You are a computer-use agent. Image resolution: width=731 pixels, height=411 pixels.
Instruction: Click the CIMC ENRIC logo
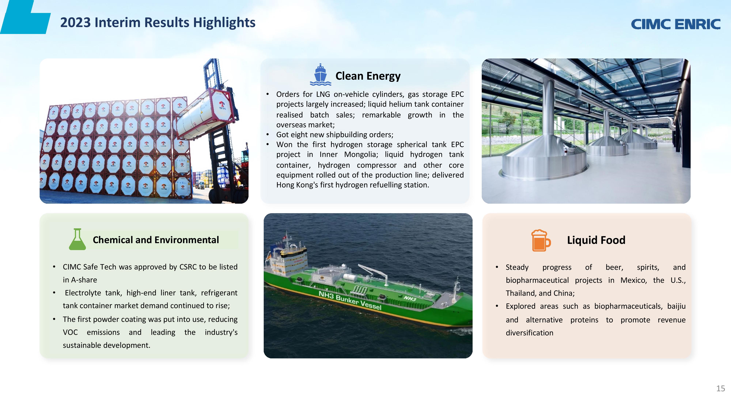pos(676,24)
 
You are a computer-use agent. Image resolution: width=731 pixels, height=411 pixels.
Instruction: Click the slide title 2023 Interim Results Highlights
pos(158,22)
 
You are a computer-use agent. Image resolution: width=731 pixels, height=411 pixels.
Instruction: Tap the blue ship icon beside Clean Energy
pos(320,75)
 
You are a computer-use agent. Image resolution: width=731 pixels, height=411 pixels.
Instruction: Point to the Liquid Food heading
pos(596,240)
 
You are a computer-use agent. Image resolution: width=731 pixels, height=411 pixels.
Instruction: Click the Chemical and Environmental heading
pos(156,240)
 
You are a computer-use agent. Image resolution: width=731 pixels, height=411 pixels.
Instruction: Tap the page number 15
pos(721,389)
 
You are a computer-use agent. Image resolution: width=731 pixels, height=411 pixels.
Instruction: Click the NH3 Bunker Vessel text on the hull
pos(350,300)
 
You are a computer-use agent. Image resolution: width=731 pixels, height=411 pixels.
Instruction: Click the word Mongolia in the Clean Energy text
pos(361,155)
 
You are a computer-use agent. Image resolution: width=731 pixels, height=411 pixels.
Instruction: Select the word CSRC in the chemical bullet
pos(188,267)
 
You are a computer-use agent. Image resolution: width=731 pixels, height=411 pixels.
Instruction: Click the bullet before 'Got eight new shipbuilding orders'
pos(268,134)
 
